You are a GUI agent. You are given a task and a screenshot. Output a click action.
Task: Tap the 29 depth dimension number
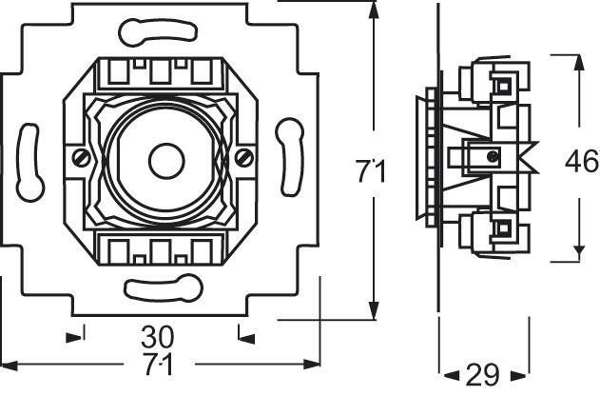483,374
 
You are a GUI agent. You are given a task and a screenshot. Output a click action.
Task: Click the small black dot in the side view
491,156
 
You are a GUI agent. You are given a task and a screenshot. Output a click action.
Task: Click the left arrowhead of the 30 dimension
73,334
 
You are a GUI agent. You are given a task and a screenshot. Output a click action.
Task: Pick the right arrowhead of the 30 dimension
245,334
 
